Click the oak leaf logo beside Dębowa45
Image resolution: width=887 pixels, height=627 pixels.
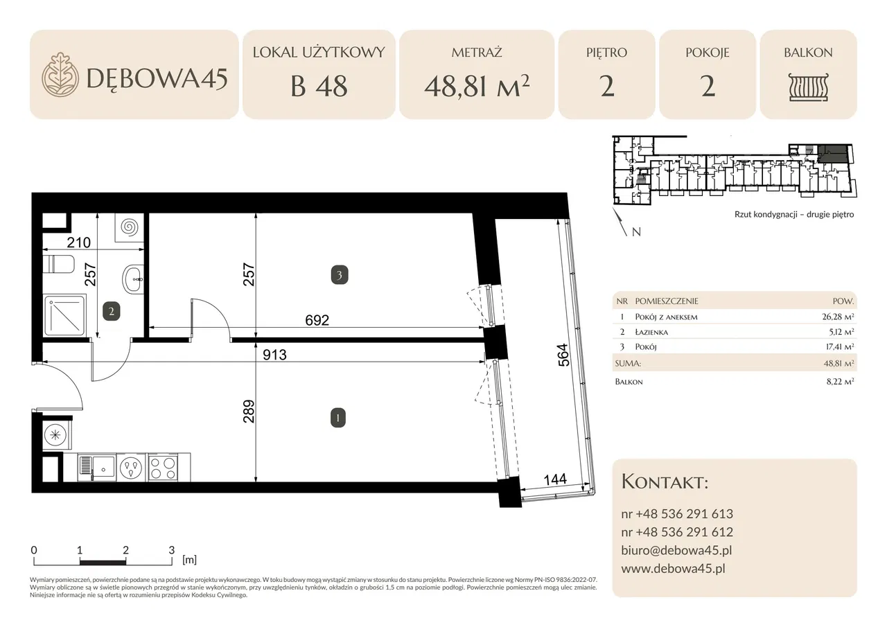point(60,74)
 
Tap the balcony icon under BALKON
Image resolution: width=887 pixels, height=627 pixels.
point(808,87)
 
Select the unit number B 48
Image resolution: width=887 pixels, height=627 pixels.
point(319,87)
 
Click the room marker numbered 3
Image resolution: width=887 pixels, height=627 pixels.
point(340,276)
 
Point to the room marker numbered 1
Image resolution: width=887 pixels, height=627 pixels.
point(337,418)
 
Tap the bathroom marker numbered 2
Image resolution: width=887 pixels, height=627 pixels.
point(112,311)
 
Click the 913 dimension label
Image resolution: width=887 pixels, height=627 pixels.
point(274,355)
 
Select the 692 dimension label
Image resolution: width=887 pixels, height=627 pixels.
point(317,320)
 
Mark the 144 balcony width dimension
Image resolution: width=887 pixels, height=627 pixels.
point(555,479)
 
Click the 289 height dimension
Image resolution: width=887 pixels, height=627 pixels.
point(249,412)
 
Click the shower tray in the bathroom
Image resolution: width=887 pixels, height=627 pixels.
point(64,315)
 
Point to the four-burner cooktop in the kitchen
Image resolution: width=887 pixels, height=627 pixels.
point(163,468)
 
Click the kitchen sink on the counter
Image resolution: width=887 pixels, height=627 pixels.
point(97,468)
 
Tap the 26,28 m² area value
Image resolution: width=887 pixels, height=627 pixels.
point(838,317)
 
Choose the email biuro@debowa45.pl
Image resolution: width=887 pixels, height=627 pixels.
point(676,550)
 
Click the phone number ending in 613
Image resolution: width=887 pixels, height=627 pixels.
point(677,514)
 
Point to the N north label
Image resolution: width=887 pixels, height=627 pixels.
point(636,232)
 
